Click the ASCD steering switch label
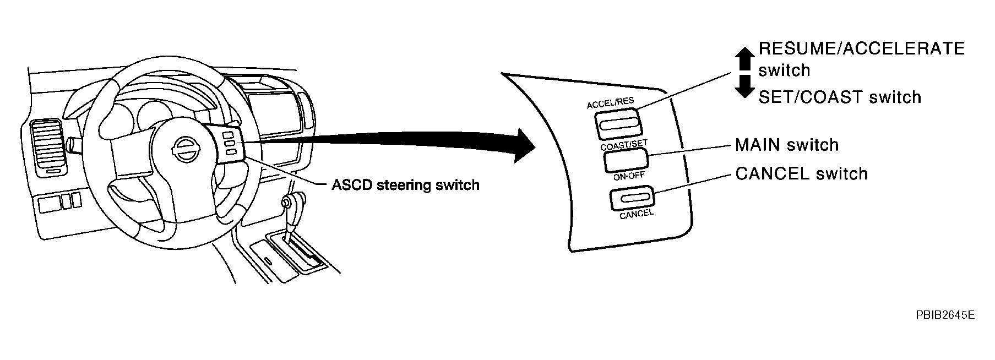coord(405,185)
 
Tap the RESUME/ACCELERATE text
coord(861,49)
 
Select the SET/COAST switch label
coord(839,97)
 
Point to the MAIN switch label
coord(786,145)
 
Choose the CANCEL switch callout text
coord(801,174)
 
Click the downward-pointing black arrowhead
coord(744,88)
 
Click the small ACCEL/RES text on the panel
coord(610,103)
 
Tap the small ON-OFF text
coord(628,176)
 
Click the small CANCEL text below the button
coord(636,214)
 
